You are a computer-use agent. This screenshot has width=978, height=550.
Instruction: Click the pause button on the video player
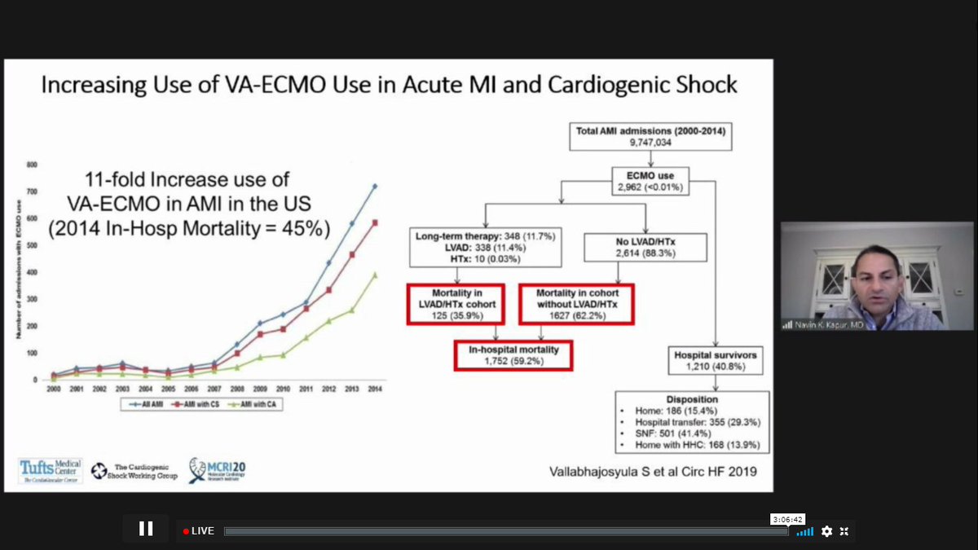[x=146, y=529]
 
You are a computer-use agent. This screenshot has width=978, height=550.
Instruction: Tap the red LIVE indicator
[x=198, y=531]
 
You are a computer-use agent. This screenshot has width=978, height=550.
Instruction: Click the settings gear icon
[x=826, y=531]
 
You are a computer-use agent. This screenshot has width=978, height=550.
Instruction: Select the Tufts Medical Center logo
[x=51, y=471]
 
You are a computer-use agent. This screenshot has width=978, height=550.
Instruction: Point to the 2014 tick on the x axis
[x=374, y=389]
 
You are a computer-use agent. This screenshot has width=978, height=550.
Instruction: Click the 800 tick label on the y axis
[x=32, y=165]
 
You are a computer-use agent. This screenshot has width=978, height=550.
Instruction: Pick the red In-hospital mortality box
[x=512, y=354]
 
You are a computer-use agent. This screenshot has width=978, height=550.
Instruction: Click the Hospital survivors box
[x=715, y=361]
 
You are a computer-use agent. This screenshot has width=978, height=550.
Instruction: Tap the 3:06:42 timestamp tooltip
[x=787, y=519]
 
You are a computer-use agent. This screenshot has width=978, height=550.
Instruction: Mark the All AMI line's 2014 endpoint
[x=374, y=186]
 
